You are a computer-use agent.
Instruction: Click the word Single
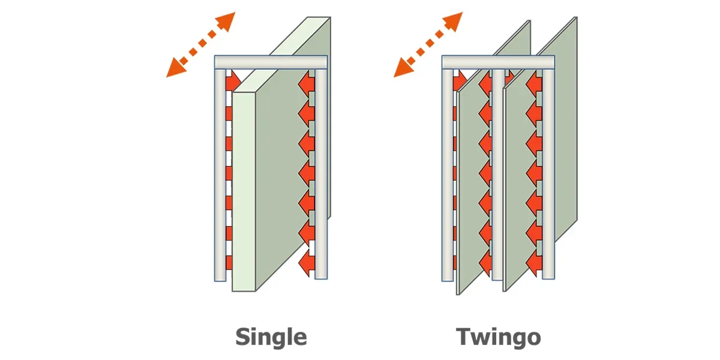(x=271, y=337)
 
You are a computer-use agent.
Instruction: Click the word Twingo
(x=498, y=337)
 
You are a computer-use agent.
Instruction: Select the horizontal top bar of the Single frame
(x=271, y=62)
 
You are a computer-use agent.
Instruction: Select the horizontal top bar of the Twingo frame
(x=498, y=62)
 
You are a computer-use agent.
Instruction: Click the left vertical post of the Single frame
(x=220, y=175)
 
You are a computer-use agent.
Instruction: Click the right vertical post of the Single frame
(x=321, y=174)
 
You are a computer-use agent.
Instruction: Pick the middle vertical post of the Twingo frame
(x=498, y=174)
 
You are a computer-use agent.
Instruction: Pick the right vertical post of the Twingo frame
(x=548, y=174)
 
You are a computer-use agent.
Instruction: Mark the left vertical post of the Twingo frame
(x=448, y=175)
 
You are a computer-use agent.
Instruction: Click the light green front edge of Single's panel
(x=244, y=192)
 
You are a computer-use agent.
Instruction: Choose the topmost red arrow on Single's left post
(x=233, y=81)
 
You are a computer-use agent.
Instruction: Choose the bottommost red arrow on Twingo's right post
(x=534, y=263)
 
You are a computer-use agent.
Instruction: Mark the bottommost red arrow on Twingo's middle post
(x=485, y=263)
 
